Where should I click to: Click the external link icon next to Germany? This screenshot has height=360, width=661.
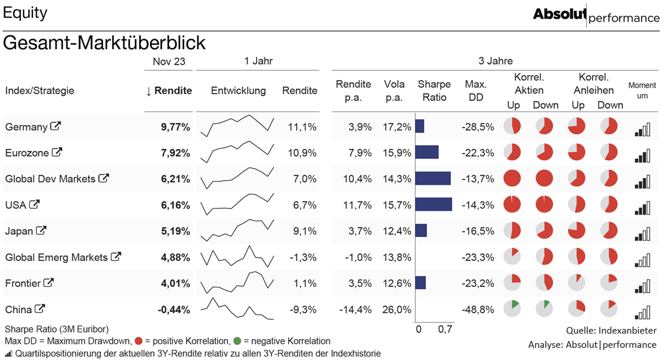coord(56,126)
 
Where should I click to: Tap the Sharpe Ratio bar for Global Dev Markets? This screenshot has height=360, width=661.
coord(433,178)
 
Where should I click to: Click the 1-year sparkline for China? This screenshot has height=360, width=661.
coord(238,309)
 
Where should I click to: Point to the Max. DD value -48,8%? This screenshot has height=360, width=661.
coord(477,310)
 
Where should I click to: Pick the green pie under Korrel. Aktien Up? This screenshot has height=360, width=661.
coord(512,308)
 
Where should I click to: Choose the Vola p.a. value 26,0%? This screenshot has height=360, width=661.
coord(396,310)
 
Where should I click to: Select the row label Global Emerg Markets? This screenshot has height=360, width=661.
coord(56,257)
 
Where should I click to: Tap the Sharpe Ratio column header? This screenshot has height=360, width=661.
coord(434,91)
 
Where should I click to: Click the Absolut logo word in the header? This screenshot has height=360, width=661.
coord(560,14)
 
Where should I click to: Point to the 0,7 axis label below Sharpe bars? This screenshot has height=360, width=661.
coord(445,329)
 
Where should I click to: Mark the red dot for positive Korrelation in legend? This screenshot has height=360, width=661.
coord(139,341)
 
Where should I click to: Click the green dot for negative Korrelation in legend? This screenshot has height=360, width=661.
coord(237,341)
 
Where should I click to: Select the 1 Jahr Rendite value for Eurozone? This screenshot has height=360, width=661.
coord(302,153)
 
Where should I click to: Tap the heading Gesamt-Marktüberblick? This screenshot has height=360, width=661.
coord(104,43)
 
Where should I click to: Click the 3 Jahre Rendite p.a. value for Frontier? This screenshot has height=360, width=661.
coord(360,284)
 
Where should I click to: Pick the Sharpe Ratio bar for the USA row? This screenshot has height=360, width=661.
coord(434,205)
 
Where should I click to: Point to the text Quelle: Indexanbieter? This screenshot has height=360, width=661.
coord(611,331)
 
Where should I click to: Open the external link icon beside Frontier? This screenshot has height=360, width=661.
coord(49,283)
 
